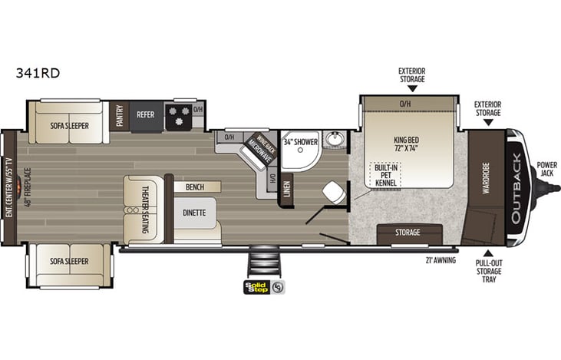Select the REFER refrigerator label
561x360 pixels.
click(147, 114)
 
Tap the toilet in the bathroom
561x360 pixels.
click(333, 190)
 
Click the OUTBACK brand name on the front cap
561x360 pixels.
click(513, 187)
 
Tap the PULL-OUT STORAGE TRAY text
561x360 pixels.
click(489, 270)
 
